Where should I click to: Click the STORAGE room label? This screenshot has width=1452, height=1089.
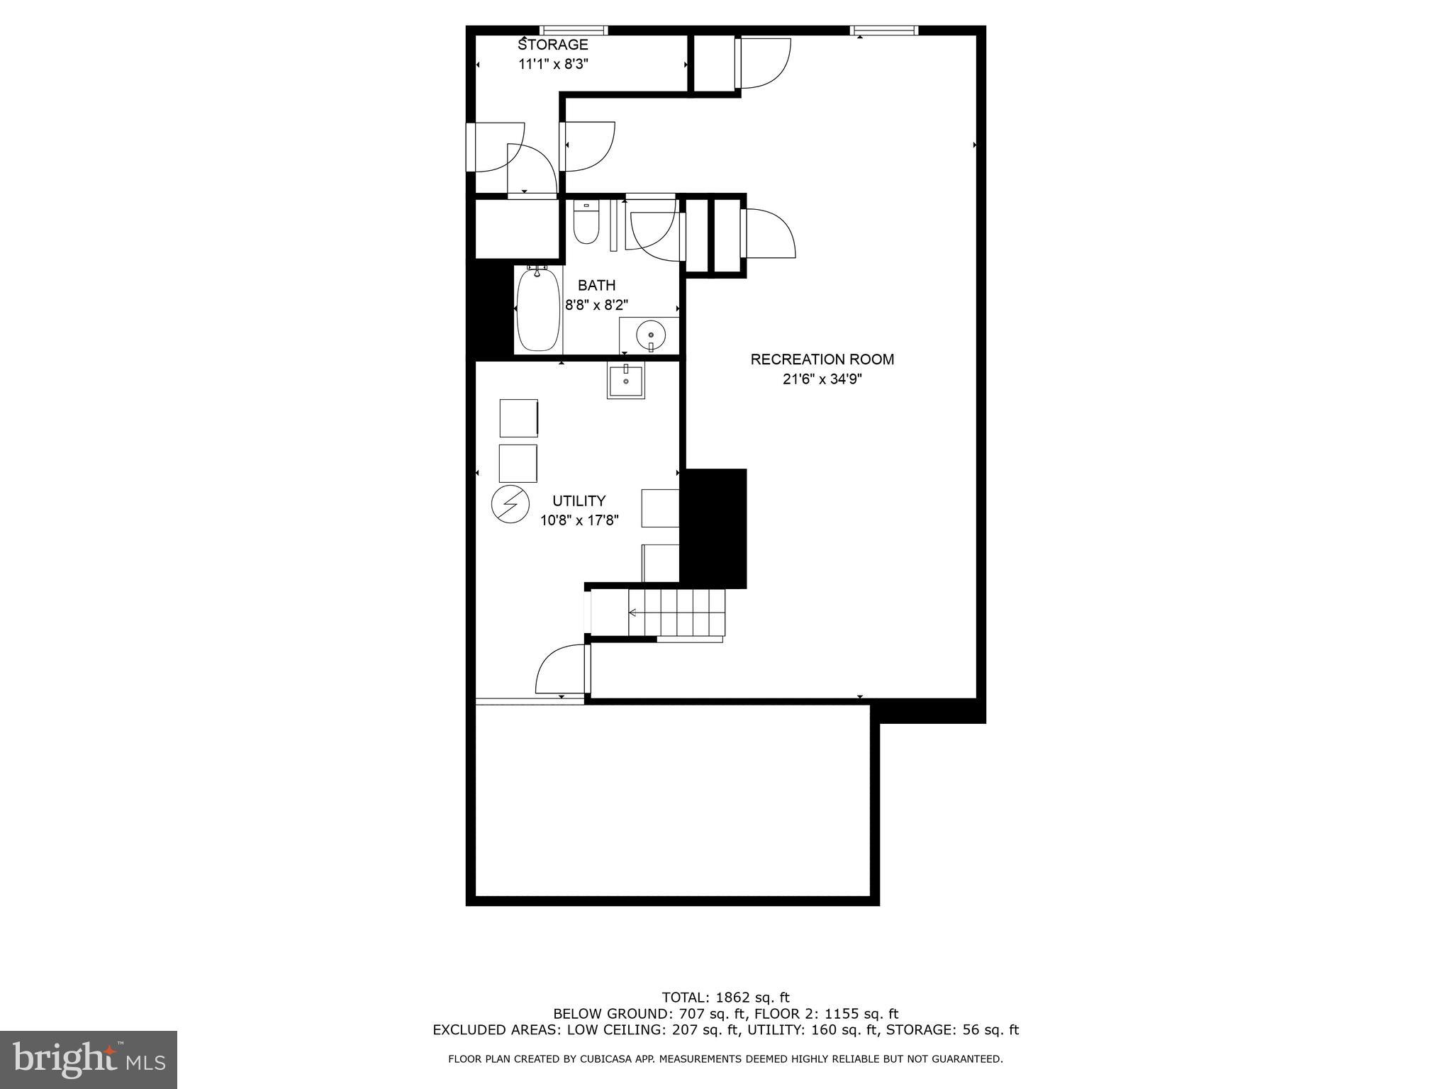[553, 45]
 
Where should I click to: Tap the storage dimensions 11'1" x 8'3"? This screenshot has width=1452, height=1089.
[553, 64]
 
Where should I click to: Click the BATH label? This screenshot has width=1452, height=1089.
[596, 285]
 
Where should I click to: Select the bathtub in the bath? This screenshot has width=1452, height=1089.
[538, 310]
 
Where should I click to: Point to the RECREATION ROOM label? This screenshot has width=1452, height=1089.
[822, 359]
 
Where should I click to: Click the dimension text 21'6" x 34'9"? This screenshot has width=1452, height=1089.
[822, 379]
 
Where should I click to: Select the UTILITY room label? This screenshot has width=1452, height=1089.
[579, 501]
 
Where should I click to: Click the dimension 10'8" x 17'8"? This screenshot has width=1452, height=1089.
[579, 520]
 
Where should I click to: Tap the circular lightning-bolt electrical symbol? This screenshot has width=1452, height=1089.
[510, 504]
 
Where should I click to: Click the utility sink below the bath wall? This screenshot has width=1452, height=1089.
[625, 381]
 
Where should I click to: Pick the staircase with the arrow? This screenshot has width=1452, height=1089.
[677, 613]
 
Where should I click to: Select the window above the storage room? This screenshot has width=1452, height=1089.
[574, 30]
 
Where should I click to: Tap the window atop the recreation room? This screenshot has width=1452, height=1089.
[884, 30]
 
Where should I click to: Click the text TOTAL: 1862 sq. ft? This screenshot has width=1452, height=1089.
[725, 998]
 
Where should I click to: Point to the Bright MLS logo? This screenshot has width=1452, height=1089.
[89, 1059]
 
